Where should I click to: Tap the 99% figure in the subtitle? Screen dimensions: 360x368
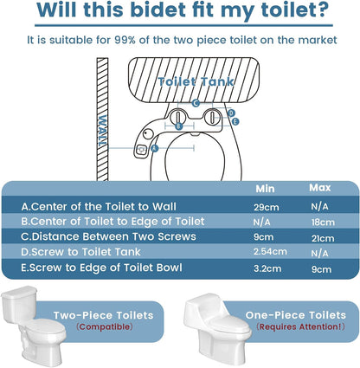pyautogui.click(x=125, y=40)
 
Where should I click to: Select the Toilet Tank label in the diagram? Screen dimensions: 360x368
pyautogui.click(x=196, y=81)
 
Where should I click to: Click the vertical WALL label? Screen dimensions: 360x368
pyautogui.click(x=102, y=131)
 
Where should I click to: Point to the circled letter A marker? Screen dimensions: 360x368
pyautogui.click(x=155, y=148)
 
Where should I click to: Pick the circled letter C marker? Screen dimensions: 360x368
pyautogui.click(x=196, y=103)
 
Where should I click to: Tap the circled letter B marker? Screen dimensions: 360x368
pyautogui.click(x=179, y=126)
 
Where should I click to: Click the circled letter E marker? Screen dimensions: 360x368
pyautogui.click(x=235, y=121)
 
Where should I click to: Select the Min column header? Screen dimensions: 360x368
pyautogui.click(x=265, y=189)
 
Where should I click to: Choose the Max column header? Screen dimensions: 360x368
pyautogui.click(x=320, y=188)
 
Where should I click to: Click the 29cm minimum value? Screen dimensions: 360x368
pyautogui.click(x=267, y=207)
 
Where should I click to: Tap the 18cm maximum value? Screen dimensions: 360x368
pyautogui.click(x=323, y=223)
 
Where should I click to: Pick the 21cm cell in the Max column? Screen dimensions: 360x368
pyautogui.click(x=323, y=238)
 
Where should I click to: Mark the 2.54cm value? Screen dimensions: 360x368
pyautogui.click(x=270, y=251)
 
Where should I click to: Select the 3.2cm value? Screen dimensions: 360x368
pyautogui.click(x=267, y=268)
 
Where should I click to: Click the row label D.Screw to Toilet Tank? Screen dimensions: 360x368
pyautogui.click(x=80, y=252)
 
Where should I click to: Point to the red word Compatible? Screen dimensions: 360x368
pyautogui.click(x=105, y=326)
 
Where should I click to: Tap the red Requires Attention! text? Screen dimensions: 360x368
pyautogui.click(x=300, y=326)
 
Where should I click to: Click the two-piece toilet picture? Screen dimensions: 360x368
pyautogui.click(x=33, y=326)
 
